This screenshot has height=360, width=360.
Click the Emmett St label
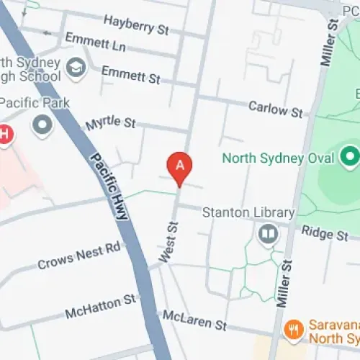[130, 73]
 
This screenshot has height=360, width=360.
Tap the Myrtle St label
[110, 124]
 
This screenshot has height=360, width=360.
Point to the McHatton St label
[100, 307]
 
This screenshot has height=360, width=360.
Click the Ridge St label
[324, 234]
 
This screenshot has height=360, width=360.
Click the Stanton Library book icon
[268, 234]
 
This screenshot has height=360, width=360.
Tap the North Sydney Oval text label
[279, 158]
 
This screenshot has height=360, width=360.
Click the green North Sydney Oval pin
[350, 155]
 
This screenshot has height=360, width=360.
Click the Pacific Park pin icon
[43, 125]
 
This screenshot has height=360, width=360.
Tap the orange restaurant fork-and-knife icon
[293, 330]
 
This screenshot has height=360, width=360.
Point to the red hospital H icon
[5, 134]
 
